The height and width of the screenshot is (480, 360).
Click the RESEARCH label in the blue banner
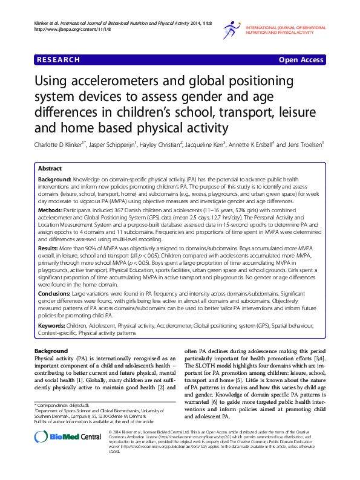pyautogui.click(x=58, y=60)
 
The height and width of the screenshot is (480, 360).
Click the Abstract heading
pyautogui.click(x=50, y=169)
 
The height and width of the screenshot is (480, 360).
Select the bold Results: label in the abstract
pyautogui.click(x=51, y=248)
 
